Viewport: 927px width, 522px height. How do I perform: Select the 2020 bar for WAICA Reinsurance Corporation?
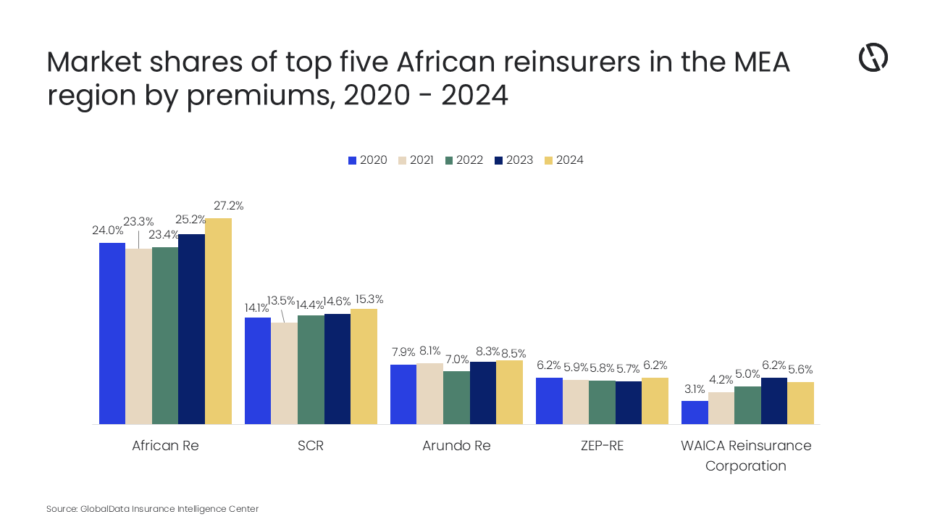pyautogui.click(x=695, y=413)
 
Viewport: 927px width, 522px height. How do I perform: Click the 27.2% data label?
pyautogui.click(x=228, y=206)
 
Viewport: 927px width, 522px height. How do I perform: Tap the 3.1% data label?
pyautogui.click(x=694, y=389)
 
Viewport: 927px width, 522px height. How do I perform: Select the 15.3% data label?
pyautogui.click(x=369, y=299)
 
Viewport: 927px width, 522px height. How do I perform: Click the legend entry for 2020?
pyautogui.click(x=367, y=160)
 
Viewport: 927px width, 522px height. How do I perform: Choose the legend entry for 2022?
pyautogui.click(x=463, y=160)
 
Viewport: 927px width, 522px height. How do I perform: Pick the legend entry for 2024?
pyautogui.click(x=563, y=160)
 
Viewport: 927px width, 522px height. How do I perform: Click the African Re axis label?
pyautogui.click(x=165, y=445)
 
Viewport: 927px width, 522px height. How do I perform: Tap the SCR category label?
pyautogui.click(x=311, y=445)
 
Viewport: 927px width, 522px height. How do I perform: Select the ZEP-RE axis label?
pyautogui.click(x=602, y=445)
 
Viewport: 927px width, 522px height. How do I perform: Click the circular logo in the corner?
pyautogui.click(x=873, y=57)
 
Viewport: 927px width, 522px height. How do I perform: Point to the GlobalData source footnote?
pyautogui.click(x=152, y=509)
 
